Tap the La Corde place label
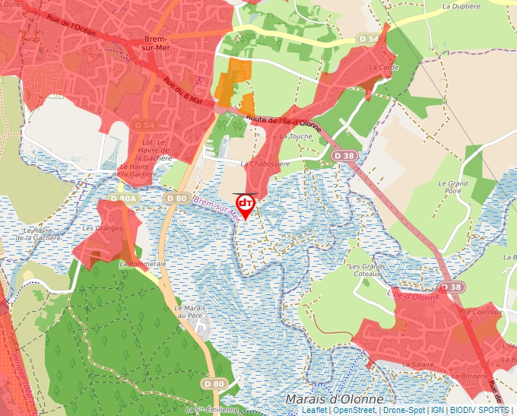383,67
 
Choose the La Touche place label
297,136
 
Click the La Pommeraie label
142,263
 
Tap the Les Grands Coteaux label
365,271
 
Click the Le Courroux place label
482,312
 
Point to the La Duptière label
461,6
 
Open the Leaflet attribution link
314,410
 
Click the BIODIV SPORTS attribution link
480,410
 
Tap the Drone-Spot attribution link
403,410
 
